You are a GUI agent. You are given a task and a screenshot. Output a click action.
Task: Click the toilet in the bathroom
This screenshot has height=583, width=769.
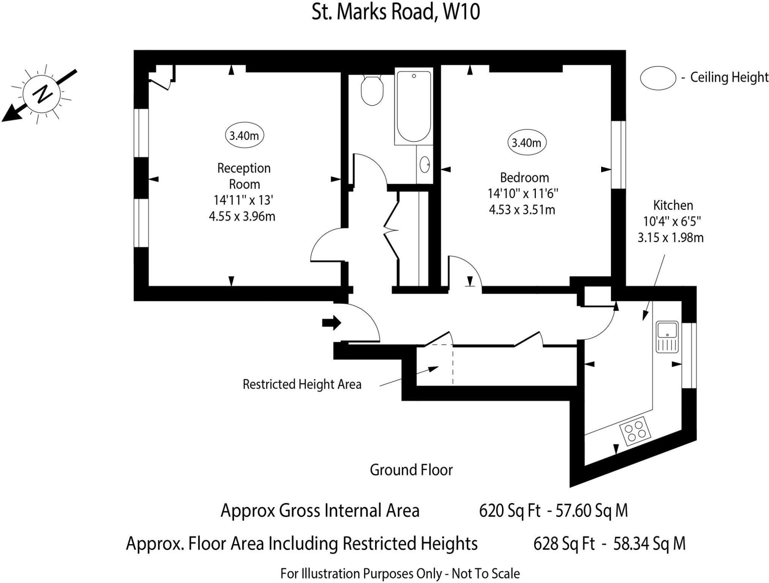[x=372, y=90]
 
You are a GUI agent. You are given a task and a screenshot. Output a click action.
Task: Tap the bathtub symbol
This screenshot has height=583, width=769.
[x=414, y=106]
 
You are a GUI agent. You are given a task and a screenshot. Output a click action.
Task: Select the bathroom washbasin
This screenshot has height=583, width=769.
[x=425, y=165]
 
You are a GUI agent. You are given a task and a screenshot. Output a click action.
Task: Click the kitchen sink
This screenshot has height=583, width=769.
[x=667, y=336]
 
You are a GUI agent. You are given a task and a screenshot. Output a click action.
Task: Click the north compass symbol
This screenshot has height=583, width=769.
[x=41, y=93]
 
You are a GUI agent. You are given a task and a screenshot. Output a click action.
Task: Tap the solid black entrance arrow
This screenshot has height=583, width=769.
[x=332, y=323]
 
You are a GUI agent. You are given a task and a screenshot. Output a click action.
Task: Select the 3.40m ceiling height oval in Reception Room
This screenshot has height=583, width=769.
[x=244, y=136]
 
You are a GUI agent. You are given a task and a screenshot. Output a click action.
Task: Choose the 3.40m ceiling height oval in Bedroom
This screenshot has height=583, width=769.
[x=526, y=143]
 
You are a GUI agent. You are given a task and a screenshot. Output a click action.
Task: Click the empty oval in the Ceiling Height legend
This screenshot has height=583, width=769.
[x=658, y=78]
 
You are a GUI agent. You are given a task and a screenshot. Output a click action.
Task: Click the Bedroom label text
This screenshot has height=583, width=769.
[x=524, y=178]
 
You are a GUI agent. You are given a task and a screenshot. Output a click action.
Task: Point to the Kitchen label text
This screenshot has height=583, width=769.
[x=673, y=205]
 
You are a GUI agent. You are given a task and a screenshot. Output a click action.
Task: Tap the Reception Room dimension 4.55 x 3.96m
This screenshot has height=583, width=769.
[x=242, y=216]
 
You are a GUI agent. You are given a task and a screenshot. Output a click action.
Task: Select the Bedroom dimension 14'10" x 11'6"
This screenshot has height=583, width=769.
[x=523, y=194]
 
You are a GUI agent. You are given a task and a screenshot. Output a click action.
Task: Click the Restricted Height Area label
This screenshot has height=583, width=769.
[x=302, y=384]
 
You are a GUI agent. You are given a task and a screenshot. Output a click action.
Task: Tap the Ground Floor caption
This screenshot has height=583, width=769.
[x=411, y=470]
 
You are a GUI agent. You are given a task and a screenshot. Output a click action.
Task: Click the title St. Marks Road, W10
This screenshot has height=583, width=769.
[x=396, y=12]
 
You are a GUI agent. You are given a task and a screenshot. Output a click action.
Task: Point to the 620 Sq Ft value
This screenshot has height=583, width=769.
[x=509, y=511]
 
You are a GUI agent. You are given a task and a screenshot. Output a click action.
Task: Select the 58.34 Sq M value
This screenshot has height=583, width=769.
[x=649, y=544]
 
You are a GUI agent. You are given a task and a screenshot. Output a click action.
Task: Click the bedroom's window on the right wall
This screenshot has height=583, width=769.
[x=618, y=154]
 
